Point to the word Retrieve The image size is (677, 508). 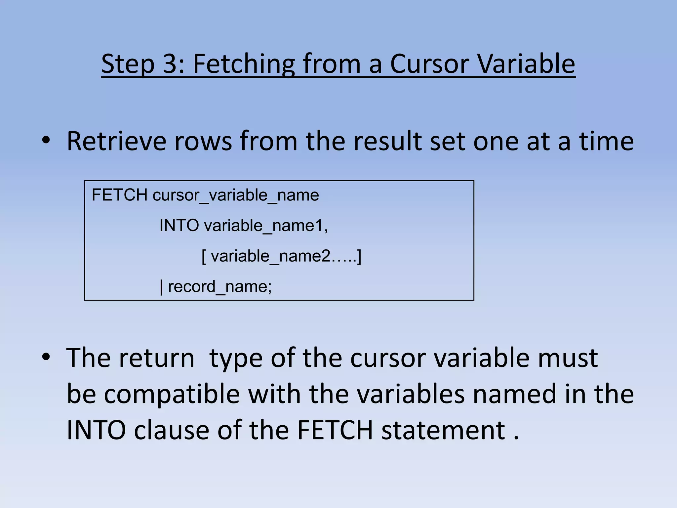click(x=116, y=141)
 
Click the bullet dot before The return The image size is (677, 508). click(x=46, y=357)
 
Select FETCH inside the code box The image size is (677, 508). click(x=119, y=195)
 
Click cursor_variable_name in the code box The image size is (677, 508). click(x=236, y=195)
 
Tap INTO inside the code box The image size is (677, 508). click(x=179, y=226)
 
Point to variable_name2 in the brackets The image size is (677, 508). click(x=270, y=256)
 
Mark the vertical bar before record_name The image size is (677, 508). click(x=161, y=287)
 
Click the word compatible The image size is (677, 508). click(x=172, y=394)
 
